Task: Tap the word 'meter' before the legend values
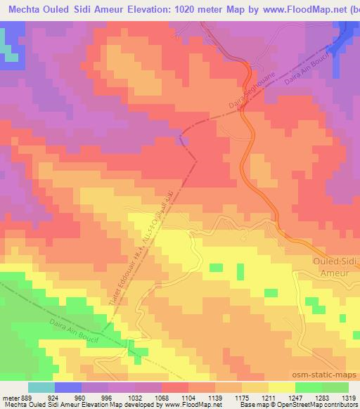click(x=10, y=397)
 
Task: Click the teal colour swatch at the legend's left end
click(x=41, y=387)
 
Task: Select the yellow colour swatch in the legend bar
click(x=281, y=387)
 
